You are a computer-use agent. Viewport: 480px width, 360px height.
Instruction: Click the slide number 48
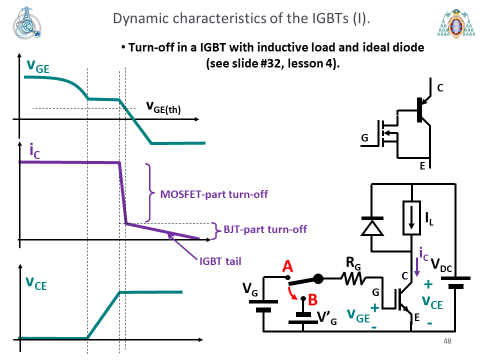(x=447, y=341)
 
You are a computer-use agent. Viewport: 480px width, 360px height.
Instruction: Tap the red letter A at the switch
(x=287, y=266)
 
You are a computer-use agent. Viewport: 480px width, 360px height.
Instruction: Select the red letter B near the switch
(x=312, y=299)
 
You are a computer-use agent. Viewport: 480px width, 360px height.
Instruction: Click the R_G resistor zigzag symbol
(x=353, y=278)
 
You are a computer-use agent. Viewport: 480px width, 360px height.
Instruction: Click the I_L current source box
(x=411, y=218)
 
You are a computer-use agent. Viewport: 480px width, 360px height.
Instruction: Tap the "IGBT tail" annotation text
(x=220, y=261)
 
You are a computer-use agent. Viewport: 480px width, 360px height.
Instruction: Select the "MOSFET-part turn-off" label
(x=214, y=194)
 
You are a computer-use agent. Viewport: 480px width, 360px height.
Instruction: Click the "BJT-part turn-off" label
(x=265, y=229)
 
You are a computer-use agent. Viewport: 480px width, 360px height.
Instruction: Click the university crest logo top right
(x=456, y=23)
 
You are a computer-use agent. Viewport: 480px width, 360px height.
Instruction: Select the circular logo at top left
(x=26, y=23)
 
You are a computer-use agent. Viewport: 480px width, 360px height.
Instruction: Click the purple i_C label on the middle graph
(x=34, y=151)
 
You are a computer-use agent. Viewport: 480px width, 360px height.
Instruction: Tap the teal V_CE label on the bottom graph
(x=36, y=283)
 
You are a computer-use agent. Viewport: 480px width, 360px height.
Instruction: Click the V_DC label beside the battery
(x=441, y=265)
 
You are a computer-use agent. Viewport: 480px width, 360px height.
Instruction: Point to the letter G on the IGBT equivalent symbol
(x=364, y=138)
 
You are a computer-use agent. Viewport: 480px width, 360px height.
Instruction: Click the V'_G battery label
(x=327, y=318)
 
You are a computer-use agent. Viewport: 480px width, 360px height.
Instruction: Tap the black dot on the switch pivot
(x=318, y=278)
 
